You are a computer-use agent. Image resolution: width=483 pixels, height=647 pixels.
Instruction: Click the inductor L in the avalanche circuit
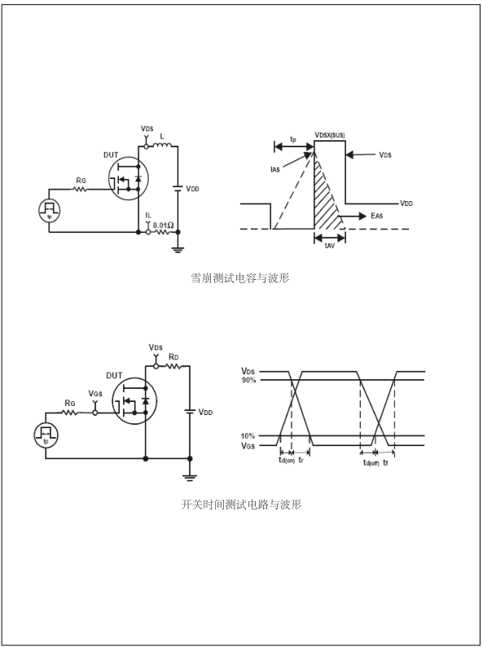163,146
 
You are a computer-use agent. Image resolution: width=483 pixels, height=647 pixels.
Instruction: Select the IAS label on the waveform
278,169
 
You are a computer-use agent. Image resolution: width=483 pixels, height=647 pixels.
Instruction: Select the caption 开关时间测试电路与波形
241,505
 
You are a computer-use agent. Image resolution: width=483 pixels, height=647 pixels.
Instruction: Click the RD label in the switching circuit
173,357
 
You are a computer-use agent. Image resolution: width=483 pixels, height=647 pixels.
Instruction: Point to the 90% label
248,381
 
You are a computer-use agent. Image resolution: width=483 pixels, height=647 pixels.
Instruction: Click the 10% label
248,437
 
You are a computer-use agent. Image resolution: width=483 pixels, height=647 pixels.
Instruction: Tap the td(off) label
371,462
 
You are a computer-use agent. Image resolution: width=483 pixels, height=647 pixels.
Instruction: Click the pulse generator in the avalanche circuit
50,210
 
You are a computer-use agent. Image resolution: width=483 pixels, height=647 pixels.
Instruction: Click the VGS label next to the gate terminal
95,395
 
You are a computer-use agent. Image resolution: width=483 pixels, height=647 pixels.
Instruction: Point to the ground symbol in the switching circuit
191,478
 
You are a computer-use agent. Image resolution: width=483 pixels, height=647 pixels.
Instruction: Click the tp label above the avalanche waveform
292,140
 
